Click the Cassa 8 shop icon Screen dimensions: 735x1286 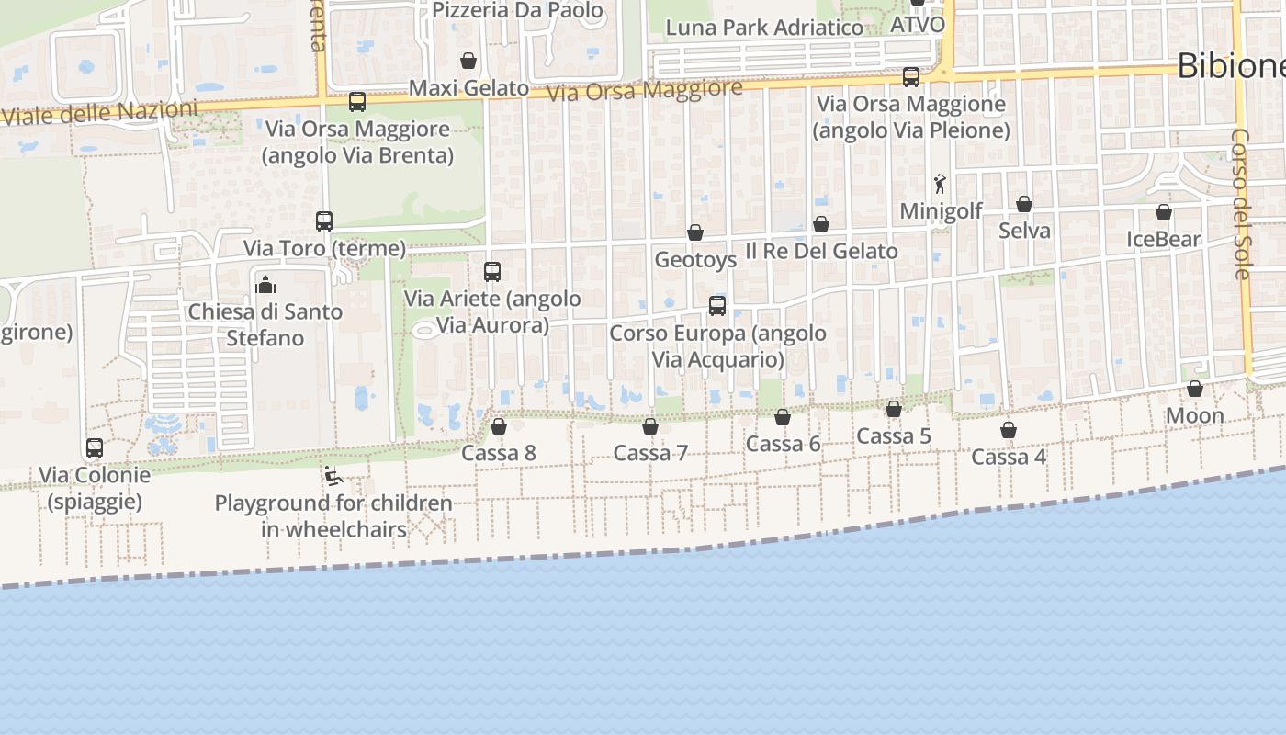click(499, 426)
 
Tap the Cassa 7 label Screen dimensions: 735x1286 click(650, 453)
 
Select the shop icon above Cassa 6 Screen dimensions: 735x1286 click(783, 417)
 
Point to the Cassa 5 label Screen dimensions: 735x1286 click(893, 436)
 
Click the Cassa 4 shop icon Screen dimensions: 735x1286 click(1009, 430)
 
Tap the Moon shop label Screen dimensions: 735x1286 click(1194, 416)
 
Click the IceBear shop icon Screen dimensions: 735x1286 click(1164, 212)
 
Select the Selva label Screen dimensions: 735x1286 click(1024, 231)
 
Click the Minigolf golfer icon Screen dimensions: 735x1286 click(940, 185)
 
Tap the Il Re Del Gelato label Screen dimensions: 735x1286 click(821, 251)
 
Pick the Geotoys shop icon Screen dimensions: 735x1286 click(695, 232)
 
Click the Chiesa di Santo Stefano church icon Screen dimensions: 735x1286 click(266, 285)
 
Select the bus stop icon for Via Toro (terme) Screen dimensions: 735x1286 click(324, 221)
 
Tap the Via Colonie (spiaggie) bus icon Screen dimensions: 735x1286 click(95, 448)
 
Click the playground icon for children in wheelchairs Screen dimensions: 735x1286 click(333, 476)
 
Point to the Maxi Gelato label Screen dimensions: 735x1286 click(468, 88)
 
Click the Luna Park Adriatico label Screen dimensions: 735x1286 click(764, 28)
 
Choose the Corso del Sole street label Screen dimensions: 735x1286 click(1241, 204)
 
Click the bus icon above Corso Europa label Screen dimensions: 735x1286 click(717, 306)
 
